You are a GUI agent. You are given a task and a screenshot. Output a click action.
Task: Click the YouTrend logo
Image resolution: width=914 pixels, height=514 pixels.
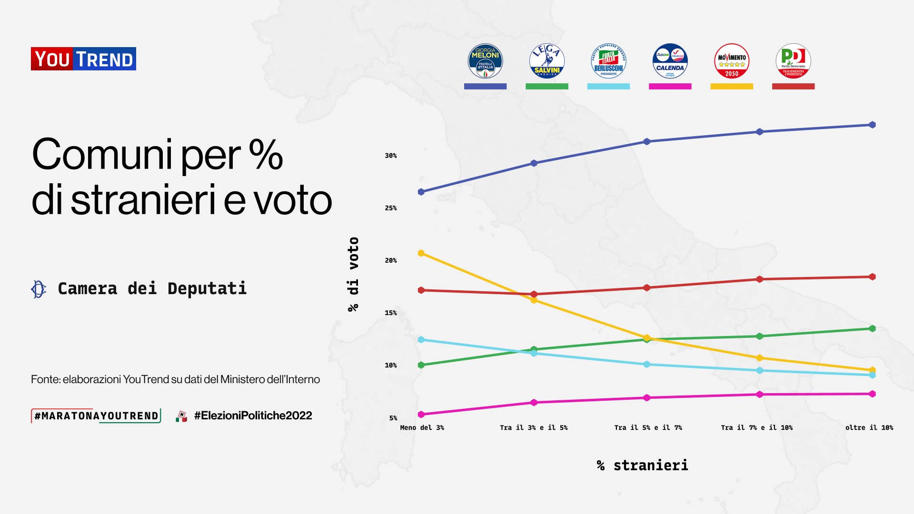pyautogui.click(x=83, y=59)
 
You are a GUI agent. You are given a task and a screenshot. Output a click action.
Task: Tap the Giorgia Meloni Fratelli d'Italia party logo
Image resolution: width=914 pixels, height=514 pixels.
pyautogui.click(x=485, y=61)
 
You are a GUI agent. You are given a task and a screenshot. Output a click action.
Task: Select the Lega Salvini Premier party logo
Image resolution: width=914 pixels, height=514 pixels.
pyautogui.click(x=546, y=61)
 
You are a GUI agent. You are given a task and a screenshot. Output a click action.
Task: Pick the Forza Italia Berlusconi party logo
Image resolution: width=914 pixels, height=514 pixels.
pyautogui.click(x=608, y=61)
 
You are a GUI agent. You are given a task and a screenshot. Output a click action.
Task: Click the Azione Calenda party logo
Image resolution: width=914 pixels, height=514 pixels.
pyautogui.click(x=670, y=61)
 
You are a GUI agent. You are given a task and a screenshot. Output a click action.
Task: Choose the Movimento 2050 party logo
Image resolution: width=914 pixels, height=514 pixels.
pyautogui.click(x=732, y=61)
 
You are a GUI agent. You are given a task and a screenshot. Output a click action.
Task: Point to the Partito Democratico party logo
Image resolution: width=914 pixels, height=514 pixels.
pyautogui.click(x=793, y=61)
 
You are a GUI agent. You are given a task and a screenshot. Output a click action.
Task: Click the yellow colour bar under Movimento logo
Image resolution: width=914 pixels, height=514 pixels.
pyautogui.click(x=732, y=87)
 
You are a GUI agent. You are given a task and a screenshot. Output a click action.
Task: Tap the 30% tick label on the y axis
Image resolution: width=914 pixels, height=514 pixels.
pyautogui.click(x=391, y=156)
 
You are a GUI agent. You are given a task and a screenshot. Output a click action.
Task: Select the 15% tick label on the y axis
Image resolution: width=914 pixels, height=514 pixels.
pyautogui.click(x=391, y=313)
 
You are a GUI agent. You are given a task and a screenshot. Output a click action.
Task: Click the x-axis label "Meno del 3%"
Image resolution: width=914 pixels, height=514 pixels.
pyautogui.click(x=422, y=427)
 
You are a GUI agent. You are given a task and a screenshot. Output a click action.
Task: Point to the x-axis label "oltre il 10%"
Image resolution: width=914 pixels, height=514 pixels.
pyautogui.click(x=869, y=427)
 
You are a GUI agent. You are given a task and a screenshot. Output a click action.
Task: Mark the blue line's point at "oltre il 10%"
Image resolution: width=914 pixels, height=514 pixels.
pyautogui.click(x=872, y=125)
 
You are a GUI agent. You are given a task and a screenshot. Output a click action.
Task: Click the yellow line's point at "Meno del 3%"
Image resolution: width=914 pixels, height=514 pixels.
pyautogui.click(x=421, y=253)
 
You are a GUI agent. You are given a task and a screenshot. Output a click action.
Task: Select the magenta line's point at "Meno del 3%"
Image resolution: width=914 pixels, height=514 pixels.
pyautogui.click(x=421, y=415)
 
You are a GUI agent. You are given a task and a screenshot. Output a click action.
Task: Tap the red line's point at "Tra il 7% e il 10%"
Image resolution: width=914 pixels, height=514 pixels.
pyautogui.click(x=760, y=279)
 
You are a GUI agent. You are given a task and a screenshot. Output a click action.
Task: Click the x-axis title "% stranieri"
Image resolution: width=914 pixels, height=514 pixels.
pyautogui.click(x=643, y=465)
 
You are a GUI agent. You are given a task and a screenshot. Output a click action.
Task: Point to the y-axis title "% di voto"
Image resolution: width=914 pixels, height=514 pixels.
pyautogui.click(x=353, y=274)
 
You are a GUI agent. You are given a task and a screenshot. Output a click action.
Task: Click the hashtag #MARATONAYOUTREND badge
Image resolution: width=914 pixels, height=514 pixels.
pyautogui.click(x=96, y=415)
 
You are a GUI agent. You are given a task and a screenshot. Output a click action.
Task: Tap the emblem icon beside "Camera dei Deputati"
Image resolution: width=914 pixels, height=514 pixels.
pyautogui.click(x=39, y=289)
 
